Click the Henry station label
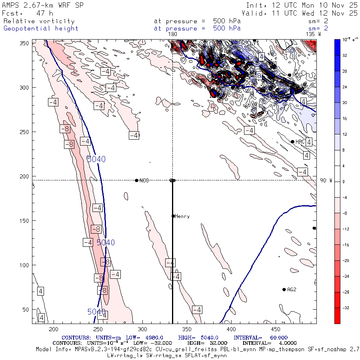tap(182, 216)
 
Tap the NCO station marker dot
tap(137, 180)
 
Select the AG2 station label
tap(292, 290)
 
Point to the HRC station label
tap(300, 142)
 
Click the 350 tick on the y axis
tap(25, 43)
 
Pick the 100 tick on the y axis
tap(25, 265)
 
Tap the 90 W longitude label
tap(326, 180)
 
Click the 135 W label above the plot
tap(313, 34)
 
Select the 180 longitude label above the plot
tap(172, 34)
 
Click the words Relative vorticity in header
tap(39, 21)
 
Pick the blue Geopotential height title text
tap(41, 28)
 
